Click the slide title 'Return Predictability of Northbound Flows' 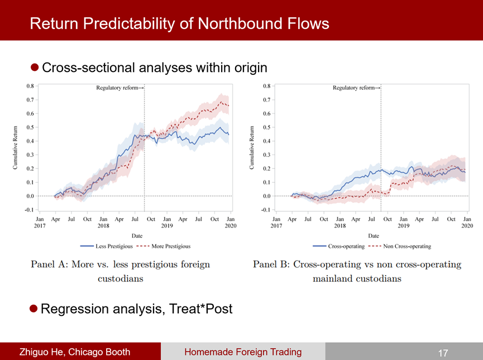(x=179, y=24)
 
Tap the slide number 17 (x=443, y=352)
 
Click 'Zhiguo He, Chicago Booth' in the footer (x=75, y=352)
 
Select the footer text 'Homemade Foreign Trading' (x=242, y=352)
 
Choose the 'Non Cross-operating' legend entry (x=407, y=246)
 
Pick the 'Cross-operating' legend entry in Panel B (x=346, y=246)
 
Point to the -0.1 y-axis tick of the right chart (x=266, y=210)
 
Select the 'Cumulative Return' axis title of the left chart (x=16, y=148)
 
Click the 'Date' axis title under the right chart (x=374, y=236)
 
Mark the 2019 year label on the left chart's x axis (x=166, y=226)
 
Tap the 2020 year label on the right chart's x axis (x=467, y=226)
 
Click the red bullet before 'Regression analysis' (x=34, y=308)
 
